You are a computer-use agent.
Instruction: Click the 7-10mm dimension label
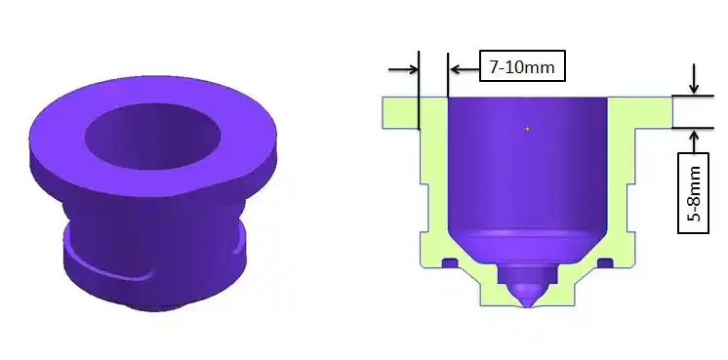pyautogui.click(x=522, y=66)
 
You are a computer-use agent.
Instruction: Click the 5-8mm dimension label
pyautogui.click(x=694, y=193)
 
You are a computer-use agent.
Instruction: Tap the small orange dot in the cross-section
pyautogui.click(x=527, y=129)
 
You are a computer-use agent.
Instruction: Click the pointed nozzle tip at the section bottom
pyautogui.click(x=527, y=306)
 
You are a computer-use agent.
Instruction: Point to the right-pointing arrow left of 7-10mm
pyautogui.click(x=403, y=69)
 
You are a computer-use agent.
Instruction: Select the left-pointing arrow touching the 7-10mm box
pyautogui.click(x=465, y=69)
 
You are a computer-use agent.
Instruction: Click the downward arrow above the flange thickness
pyautogui.click(x=694, y=79)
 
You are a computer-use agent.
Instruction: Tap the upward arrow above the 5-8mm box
pyautogui.click(x=694, y=141)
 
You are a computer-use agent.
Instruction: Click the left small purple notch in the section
pyautogui.click(x=450, y=263)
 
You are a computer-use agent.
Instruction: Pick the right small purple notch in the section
pyautogui.click(x=605, y=263)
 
